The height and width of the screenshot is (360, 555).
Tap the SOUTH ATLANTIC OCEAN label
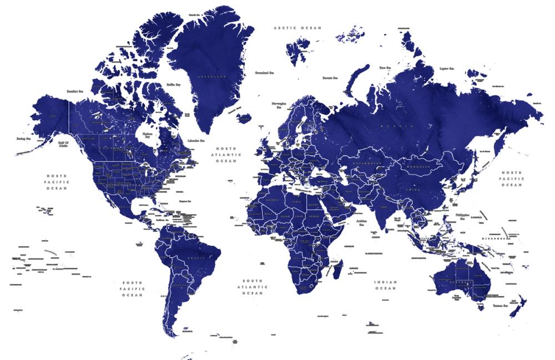[x=252, y=287]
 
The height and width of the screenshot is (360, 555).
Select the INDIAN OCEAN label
[x=385, y=285]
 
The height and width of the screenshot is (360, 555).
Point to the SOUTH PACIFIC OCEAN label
[x=133, y=288]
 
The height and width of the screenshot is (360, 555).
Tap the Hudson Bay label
[x=148, y=135]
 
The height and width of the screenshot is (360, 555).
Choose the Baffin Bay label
[x=174, y=85]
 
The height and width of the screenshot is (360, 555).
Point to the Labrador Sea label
[x=197, y=141]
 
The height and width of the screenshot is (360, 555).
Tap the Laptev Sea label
[x=447, y=68]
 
